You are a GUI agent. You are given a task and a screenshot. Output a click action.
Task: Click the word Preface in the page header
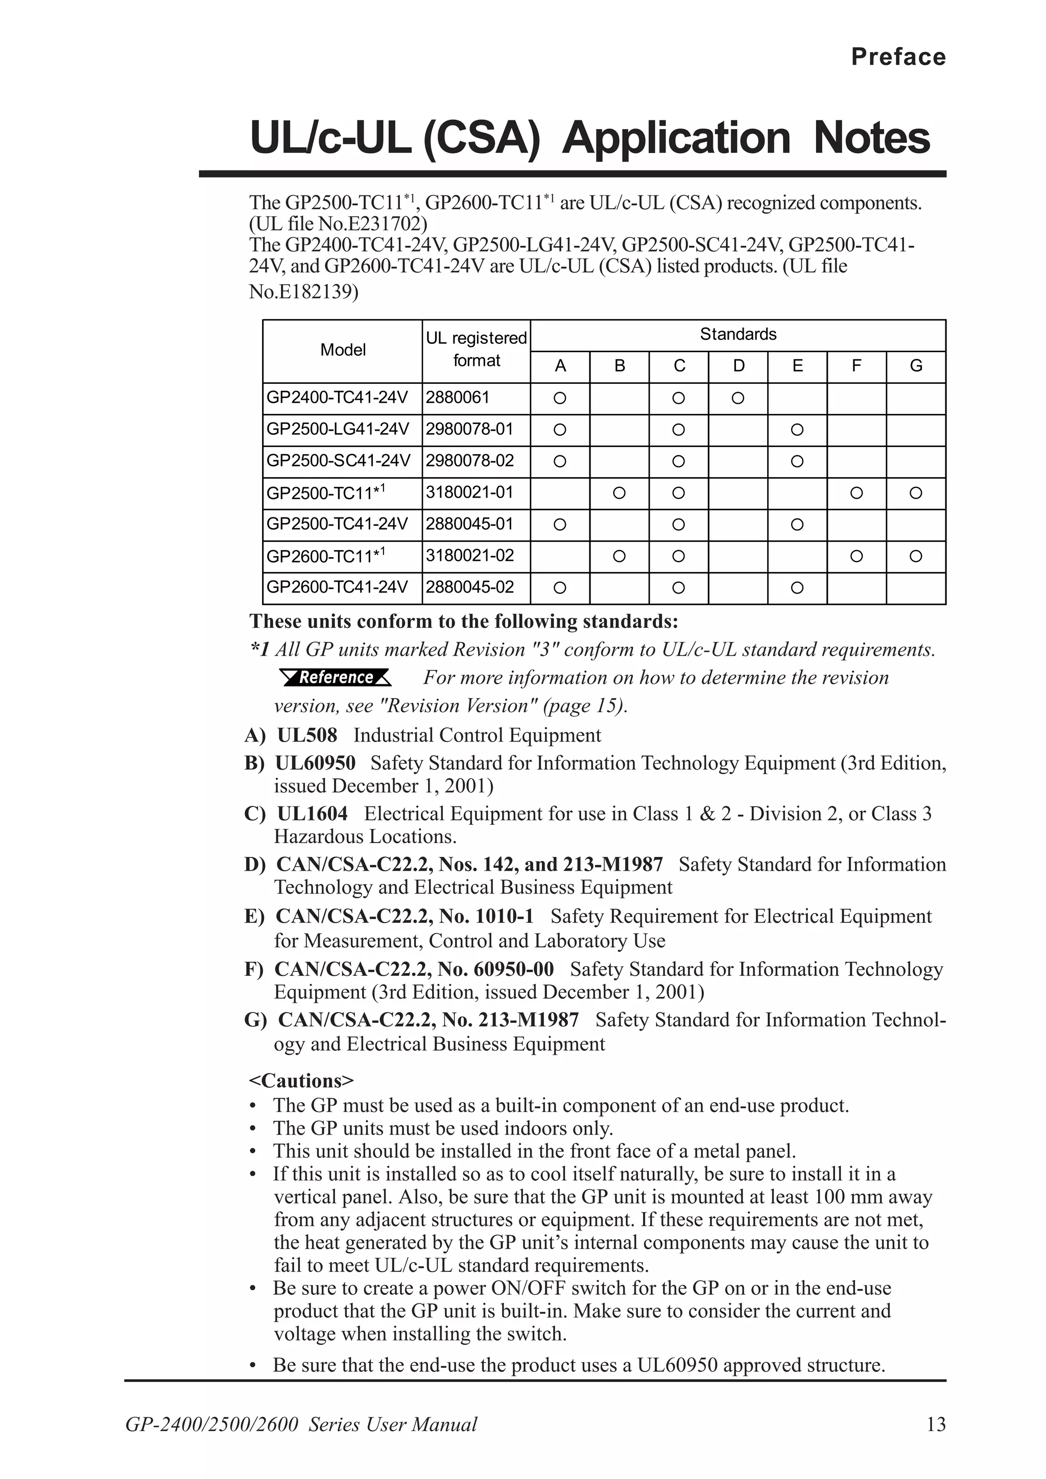point(898,57)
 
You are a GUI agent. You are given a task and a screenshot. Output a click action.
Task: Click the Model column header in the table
point(343,350)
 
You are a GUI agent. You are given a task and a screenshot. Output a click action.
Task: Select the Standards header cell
point(738,334)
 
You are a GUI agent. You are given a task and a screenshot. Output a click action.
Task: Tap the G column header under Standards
point(916,366)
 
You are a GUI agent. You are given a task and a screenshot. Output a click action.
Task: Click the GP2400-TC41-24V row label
point(338,398)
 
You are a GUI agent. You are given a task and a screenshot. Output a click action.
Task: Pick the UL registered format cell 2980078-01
point(470,429)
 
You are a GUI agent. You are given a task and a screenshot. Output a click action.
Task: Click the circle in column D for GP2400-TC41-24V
point(738,398)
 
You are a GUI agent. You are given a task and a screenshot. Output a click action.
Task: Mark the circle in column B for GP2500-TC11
point(620,493)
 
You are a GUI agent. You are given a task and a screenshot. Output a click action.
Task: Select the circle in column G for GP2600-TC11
point(916,556)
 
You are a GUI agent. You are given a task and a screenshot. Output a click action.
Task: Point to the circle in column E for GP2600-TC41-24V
point(797,587)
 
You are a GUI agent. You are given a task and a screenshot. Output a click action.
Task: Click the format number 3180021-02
point(470,555)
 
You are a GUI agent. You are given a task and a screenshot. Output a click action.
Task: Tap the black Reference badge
point(336,678)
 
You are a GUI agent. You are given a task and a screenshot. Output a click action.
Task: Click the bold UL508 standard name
point(307,735)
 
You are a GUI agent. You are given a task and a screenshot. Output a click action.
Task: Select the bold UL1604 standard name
point(312,814)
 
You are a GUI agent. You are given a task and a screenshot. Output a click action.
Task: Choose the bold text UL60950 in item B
point(315,762)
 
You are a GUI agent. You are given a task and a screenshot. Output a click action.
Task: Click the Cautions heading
point(302,1081)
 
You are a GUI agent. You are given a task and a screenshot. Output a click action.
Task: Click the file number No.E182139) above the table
point(303,292)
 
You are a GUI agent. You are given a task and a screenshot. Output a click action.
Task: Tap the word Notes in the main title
point(872,138)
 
